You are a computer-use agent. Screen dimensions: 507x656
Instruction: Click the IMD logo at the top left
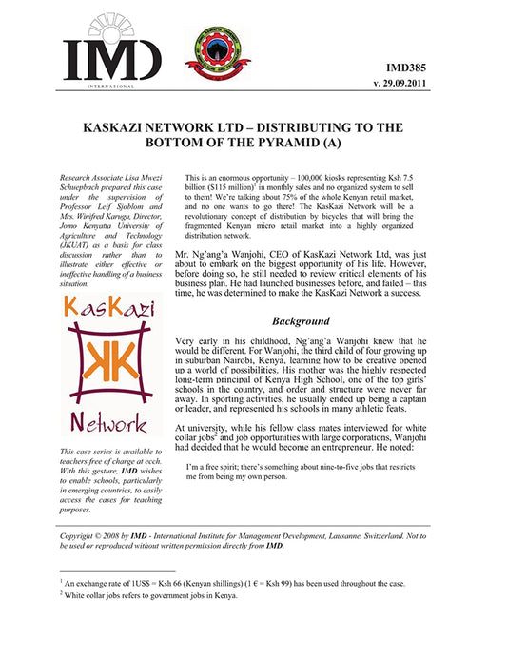click(111, 52)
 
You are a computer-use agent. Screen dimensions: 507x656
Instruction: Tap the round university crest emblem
click(204, 51)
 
